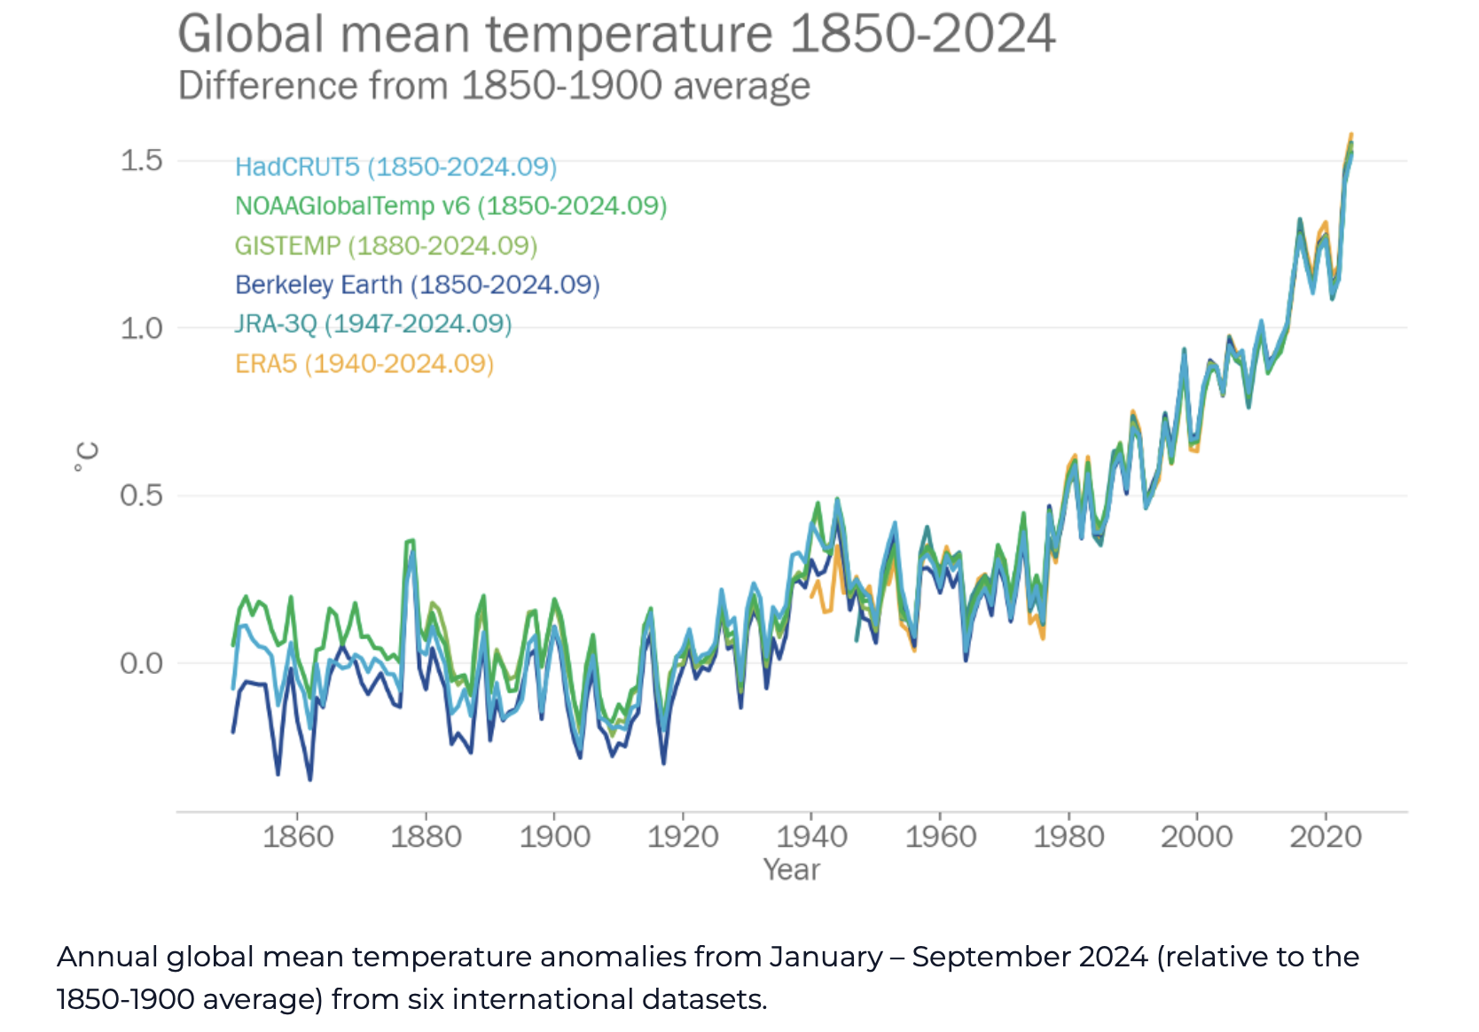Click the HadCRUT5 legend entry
[x=395, y=167]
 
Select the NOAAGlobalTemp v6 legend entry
[x=450, y=206]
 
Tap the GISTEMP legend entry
[x=386, y=246]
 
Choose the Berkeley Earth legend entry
[x=417, y=285]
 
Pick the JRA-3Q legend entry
[x=373, y=324]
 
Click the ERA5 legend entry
[x=364, y=364]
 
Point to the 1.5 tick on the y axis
[x=142, y=160]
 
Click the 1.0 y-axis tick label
[x=142, y=328]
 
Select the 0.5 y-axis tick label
[x=142, y=496]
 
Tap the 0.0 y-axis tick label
[x=142, y=663]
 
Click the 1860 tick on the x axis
[x=298, y=836]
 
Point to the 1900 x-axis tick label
[x=554, y=836]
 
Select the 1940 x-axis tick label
[x=811, y=836]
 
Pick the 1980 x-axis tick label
[x=1068, y=836]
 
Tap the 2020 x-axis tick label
[x=1326, y=836]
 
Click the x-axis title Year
[x=792, y=870]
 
